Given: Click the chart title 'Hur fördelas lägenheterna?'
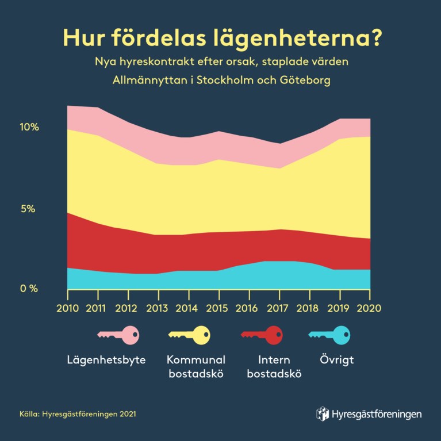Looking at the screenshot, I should click(x=222, y=37).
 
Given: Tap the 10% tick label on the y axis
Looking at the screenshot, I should click(x=29, y=127).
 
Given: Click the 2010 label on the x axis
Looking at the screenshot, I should click(x=68, y=308).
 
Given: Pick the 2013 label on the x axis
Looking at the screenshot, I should click(x=158, y=308).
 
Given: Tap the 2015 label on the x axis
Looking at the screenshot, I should click(x=218, y=308).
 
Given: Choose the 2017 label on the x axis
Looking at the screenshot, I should click(x=279, y=308).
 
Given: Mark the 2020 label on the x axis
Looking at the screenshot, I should click(x=370, y=308).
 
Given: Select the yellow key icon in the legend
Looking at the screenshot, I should click(x=189, y=335).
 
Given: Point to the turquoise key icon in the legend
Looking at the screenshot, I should click(x=330, y=335).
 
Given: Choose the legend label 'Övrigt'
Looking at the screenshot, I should click(x=336, y=361).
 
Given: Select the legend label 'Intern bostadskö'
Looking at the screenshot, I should click(x=273, y=367).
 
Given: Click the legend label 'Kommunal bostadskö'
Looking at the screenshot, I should click(x=195, y=367).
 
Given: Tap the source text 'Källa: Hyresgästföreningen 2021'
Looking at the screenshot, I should click(x=78, y=413).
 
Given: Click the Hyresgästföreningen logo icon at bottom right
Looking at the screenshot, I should click(x=323, y=413).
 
